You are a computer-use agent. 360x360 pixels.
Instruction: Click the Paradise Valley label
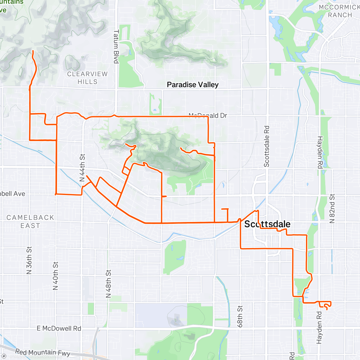point(193,85)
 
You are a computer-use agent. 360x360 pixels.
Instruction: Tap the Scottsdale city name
point(267,224)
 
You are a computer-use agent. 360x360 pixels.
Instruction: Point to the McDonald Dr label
point(208,115)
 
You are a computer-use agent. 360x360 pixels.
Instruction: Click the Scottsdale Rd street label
point(266,146)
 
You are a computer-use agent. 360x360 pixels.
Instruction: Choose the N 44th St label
point(82,168)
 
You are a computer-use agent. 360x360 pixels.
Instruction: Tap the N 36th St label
point(29,260)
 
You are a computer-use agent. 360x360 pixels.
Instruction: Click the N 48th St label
point(108,284)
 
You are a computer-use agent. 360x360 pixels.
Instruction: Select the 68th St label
point(240,316)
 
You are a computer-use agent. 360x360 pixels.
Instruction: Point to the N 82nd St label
point(332,208)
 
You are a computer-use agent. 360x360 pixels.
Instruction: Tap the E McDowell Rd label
point(59,328)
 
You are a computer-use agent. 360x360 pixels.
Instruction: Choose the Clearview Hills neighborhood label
point(87,78)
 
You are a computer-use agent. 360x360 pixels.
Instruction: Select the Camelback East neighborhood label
point(30,221)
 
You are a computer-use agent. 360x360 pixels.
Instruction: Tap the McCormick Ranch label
point(340,11)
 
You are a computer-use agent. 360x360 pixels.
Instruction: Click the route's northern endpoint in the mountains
point(32,52)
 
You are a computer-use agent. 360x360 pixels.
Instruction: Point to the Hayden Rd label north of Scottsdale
point(320,152)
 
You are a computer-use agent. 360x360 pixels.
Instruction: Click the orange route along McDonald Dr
point(162,116)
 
